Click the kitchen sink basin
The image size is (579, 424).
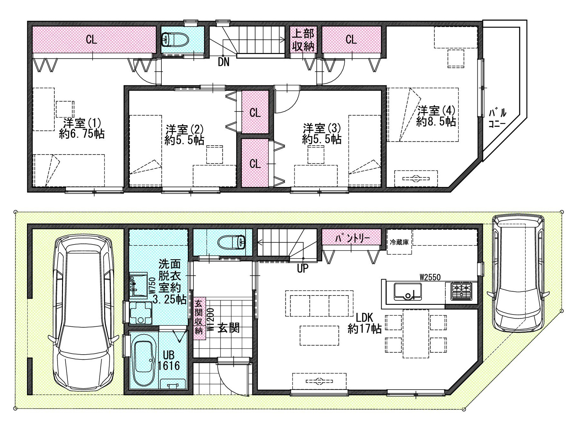408,291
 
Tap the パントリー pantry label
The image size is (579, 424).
352,238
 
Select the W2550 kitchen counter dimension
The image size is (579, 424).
430,277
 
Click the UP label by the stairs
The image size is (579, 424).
303,268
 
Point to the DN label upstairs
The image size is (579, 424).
224,62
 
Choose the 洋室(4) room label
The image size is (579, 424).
436,111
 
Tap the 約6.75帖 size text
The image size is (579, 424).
82,134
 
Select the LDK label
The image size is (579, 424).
364,318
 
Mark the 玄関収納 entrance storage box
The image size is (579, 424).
199,316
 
